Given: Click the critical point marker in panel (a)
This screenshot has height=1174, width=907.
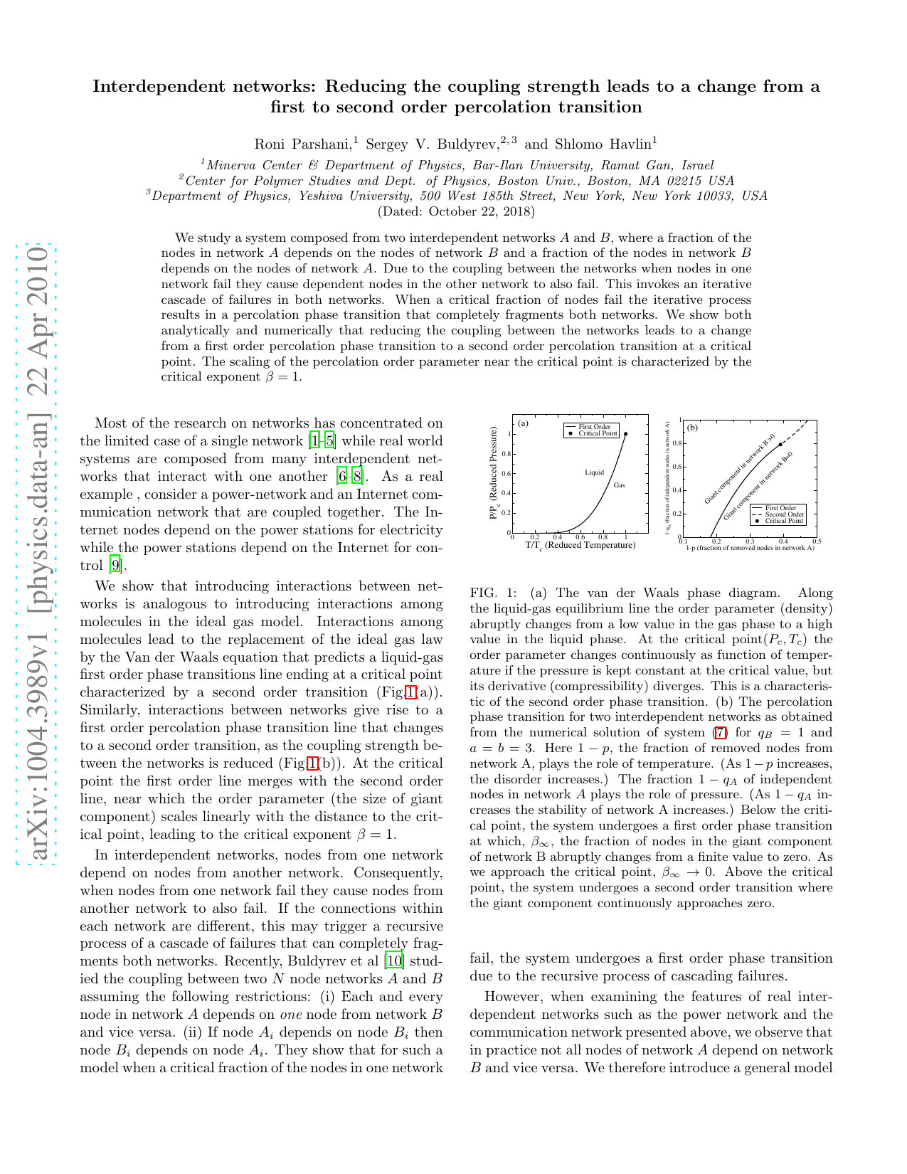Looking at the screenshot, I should pyautogui.click(x=626, y=434).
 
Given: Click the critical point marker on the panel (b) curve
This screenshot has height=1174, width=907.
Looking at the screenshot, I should pyautogui.click(x=780, y=445).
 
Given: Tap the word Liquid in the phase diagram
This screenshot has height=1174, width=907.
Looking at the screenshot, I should pyautogui.click(x=595, y=472).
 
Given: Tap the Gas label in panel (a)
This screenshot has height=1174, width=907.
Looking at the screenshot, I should pyautogui.click(x=620, y=485).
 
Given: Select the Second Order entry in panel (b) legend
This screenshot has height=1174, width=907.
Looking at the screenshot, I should pyautogui.click(x=785, y=514).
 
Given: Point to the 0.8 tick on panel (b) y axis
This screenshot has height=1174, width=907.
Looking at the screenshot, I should pyautogui.click(x=678, y=443).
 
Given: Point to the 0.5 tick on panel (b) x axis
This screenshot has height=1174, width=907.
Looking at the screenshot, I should pyautogui.click(x=817, y=541).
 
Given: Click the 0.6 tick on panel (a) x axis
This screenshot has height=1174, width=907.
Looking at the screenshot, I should pyautogui.click(x=580, y=538).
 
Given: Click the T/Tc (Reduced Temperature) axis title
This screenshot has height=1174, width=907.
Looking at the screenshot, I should pyautogui.click(x=580, y=546).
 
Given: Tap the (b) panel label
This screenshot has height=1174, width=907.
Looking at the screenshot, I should pyautogui.click(x=692, y=428).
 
